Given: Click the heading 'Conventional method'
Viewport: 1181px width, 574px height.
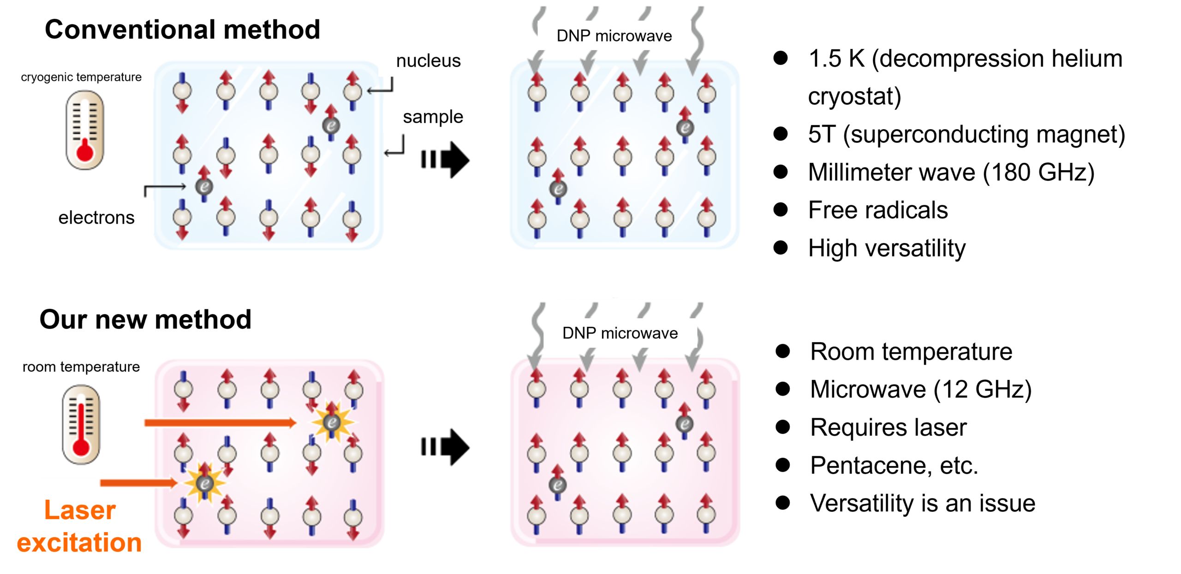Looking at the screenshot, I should coord(182,30).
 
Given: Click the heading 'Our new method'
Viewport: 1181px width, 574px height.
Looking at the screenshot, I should coord(145,320).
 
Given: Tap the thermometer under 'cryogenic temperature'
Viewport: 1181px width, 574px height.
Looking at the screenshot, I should coord(85,130).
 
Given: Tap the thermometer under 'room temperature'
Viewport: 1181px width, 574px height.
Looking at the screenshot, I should coord(81,425).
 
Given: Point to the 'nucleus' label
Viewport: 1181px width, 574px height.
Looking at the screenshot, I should coord(428,61).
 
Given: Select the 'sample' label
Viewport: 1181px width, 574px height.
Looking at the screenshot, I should coord(433,117).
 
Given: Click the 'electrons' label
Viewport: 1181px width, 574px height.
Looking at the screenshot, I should coord(96,218).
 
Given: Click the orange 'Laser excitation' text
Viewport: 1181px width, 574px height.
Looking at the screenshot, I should coord(79,527).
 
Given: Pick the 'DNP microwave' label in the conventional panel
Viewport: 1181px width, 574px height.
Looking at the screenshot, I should coord(614,36).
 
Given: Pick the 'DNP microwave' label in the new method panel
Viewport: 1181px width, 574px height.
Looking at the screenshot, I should coord(620,333).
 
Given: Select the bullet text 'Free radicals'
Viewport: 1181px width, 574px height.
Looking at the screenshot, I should coord(877,210).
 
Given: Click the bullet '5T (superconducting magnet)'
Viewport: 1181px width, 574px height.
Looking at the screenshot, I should coord(966,135).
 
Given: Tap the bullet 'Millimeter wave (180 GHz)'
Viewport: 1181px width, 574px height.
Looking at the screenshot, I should coord(951,172).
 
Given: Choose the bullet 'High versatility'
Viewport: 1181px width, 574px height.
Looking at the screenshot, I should coord(887,248).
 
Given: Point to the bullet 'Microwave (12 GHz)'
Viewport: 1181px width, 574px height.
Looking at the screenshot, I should coord(921,390).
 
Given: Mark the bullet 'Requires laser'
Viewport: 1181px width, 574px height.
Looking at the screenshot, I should coord(888,427).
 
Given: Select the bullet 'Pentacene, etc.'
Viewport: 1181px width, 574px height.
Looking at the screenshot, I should coord(894,466).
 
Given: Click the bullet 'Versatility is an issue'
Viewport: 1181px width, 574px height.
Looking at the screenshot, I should coord(923,503).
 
